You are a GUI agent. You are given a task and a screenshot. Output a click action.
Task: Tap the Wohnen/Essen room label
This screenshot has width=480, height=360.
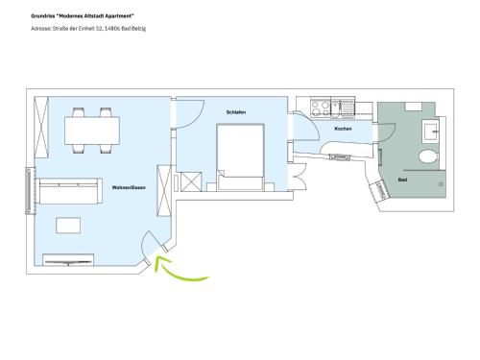(129, 187)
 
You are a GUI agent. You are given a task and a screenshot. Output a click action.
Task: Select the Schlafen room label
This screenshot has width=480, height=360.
(236, 112)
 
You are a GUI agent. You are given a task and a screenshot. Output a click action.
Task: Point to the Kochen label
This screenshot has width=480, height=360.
(343, 129)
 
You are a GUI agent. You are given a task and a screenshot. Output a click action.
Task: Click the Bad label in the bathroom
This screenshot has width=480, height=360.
(402, 180)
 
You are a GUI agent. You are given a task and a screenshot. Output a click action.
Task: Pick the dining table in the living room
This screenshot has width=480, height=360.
(92, 131)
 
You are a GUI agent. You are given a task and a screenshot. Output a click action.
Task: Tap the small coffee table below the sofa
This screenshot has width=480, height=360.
(68, 226)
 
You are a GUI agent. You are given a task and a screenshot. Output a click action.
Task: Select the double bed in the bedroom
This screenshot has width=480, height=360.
(240, 157)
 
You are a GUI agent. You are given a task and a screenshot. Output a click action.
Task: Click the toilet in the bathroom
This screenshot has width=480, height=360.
(428, 157)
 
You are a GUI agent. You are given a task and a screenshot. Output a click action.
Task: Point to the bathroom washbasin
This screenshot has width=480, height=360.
(431, 131)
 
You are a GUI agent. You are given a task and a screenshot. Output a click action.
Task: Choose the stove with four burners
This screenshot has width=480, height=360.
(321, 108)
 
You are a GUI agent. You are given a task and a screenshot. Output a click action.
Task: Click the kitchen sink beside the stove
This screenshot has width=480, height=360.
(343, 108)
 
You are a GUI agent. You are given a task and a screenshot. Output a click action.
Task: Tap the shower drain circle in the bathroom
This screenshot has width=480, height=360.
(441, 184)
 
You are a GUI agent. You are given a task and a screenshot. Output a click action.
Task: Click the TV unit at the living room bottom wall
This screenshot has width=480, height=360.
(68, 260)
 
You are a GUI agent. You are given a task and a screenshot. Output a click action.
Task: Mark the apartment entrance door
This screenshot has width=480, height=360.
(147, 246)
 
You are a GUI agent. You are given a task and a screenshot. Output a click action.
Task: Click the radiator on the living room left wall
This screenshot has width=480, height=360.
(28, 191)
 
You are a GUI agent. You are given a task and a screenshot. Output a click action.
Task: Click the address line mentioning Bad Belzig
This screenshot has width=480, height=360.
(88, 29)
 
